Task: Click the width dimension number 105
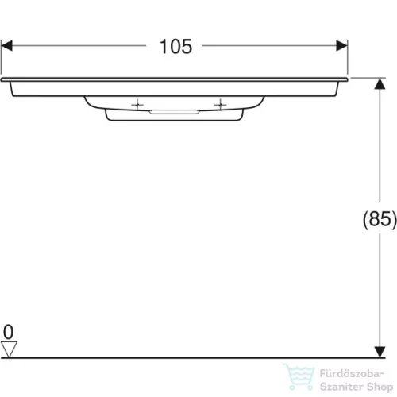[175, 47]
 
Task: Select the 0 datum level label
[9, 331]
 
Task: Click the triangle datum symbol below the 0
[10, 348]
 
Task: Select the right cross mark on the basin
[219, 104]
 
